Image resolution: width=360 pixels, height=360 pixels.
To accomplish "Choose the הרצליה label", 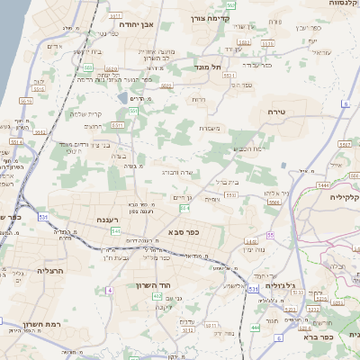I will pyautogui.click(x=27, y=269).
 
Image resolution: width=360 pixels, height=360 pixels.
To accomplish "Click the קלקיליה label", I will pyautogui.click(x=344, y=196).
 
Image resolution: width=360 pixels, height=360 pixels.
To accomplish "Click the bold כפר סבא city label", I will pyautogui.click(x=183, y=231).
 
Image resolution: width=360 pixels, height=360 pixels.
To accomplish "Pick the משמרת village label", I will pyautogui.click(x=211, y=128).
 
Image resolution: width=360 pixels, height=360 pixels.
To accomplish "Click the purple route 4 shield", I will pyautogui.click(x=110, y=290).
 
